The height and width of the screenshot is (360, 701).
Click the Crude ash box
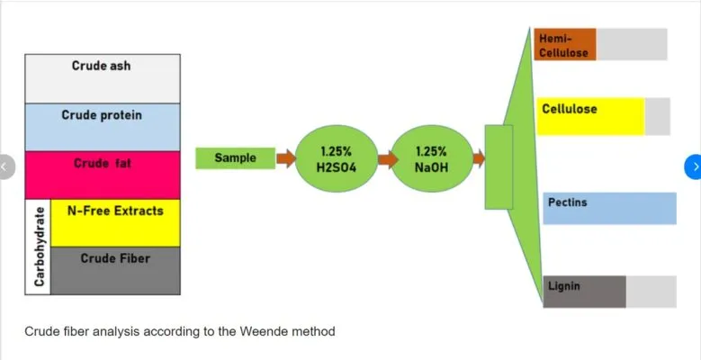(102, 78)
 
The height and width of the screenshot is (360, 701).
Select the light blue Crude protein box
(102, 127)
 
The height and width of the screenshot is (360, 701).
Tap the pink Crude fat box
(102, 175)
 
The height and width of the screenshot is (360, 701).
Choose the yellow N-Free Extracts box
(115, 222)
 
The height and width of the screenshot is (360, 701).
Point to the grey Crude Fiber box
(115, 270)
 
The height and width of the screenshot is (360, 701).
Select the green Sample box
(236, 158)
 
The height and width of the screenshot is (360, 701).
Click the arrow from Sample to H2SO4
(285, 159)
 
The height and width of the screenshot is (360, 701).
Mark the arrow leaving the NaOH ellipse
(478, 159)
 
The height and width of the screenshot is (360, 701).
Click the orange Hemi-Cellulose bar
(565, 44)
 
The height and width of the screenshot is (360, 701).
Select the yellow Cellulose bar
(590, 116)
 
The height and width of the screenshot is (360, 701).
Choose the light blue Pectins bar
(609, 208)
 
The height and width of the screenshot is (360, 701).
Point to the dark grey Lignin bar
(585, 292)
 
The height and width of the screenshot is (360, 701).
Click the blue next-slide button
(694, 166)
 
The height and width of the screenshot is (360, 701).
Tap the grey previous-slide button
(6, 166)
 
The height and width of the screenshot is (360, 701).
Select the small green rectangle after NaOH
(499, 166)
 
